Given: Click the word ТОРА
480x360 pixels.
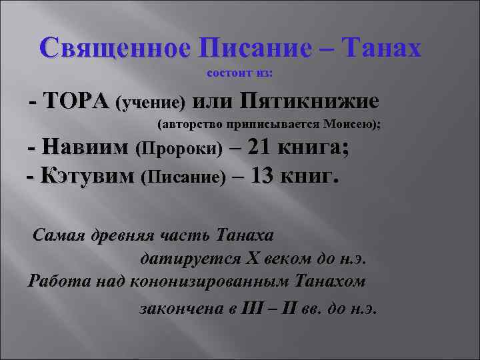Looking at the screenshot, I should coord(76,102).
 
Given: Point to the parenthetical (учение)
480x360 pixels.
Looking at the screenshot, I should coord(151,104).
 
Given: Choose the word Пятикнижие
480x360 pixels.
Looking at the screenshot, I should coord(309,102).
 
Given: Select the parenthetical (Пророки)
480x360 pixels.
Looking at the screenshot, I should coord(179,149).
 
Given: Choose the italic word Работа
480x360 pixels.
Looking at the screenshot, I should coord(55,281).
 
